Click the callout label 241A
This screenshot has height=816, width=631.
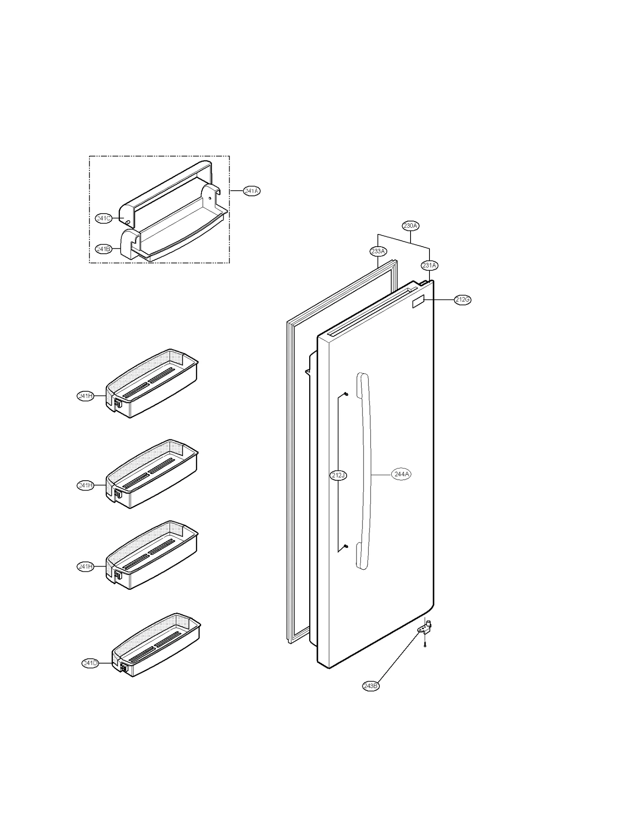point(252,191)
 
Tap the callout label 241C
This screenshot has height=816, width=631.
point(104,218)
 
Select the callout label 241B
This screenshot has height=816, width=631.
point(104,249)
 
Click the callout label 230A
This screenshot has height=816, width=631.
point(410,226)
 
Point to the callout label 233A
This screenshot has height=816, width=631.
point(378,251)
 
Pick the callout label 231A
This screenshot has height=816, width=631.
point(429,265)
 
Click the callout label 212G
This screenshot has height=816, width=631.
point(462,299)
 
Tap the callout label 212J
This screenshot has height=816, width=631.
point(338,475)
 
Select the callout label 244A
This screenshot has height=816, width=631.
point(401,474)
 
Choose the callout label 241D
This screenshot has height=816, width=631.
point(90,663)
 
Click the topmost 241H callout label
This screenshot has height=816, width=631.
point(86,396)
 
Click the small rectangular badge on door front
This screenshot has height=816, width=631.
point(418,302)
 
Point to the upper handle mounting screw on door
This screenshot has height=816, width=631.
point(346,394)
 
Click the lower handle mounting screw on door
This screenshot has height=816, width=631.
point(346,546)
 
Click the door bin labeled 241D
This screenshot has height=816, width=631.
point(158,646)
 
